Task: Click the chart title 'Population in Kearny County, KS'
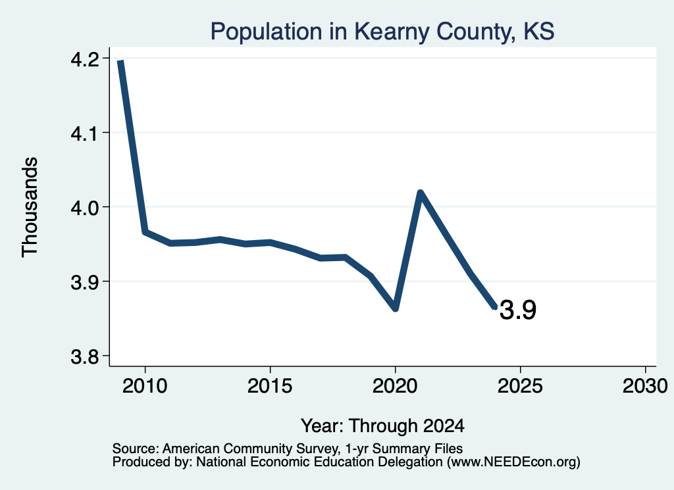(382, 32)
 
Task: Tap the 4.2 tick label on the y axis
(85, 59)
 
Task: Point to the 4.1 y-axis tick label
(85, 133)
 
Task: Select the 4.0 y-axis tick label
(85, 207)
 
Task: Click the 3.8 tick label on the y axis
(85, 356)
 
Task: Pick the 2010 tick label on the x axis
(145, 385)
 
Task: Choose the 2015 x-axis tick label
(270, 385)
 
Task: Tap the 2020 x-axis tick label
(395, 385)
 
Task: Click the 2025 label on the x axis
(520, 385)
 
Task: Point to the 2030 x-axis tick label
(645, 385)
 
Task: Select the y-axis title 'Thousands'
(30, 207)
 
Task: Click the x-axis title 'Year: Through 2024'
(382, 426)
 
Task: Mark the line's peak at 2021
(421, 193)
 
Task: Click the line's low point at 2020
(396, 308)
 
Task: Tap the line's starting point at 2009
(120, 61)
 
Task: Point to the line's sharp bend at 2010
(145, 232)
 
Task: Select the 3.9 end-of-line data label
(518, 310)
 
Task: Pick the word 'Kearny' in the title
(392, 32)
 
